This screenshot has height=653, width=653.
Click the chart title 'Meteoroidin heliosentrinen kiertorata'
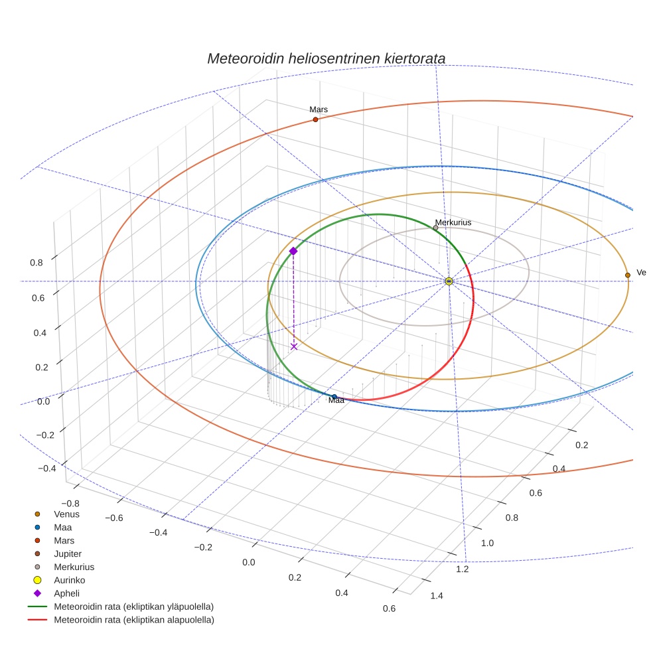pyautogui.click(x=326, y=58)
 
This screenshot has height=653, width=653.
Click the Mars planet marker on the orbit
pyautogui.click(x=315, y=119)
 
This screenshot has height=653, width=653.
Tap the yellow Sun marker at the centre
pyautogui.click(x=449, y=281)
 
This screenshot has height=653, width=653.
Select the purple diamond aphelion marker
pyautogui.click(x=293, y=251)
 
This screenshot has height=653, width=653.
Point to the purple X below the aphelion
pyautogui.click(x=294, y=346)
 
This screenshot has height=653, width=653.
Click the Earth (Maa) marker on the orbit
pyautogui.click(x=334, y=397)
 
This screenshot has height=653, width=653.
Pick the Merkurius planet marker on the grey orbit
pyautogui.click(x=435, y=228)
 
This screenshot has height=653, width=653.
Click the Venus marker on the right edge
pyautogui.click(x=627, y=275)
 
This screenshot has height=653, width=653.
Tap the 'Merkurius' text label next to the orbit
pyautogui.click(x=453, y=222)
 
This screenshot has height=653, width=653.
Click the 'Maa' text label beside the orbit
pyautogui.click(x=336, y=401)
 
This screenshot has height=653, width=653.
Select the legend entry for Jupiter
pyautogui.click(x=68, y=553)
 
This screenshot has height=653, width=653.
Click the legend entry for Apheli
pyautogui.click(x=66, y=593)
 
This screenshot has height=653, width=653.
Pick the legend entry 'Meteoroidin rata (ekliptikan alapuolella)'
pyautogui.click(x=134, y=620)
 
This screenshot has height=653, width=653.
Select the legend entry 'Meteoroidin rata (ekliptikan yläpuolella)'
pyautogui.click(x=134, y=607)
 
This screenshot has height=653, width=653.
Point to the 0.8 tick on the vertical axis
pyautogui.click(x=36, y=262)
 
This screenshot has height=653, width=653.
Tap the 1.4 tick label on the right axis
pyautogui.click(x=437, y=595)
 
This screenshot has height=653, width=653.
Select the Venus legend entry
pyautogui.click(x=66, y=514)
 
